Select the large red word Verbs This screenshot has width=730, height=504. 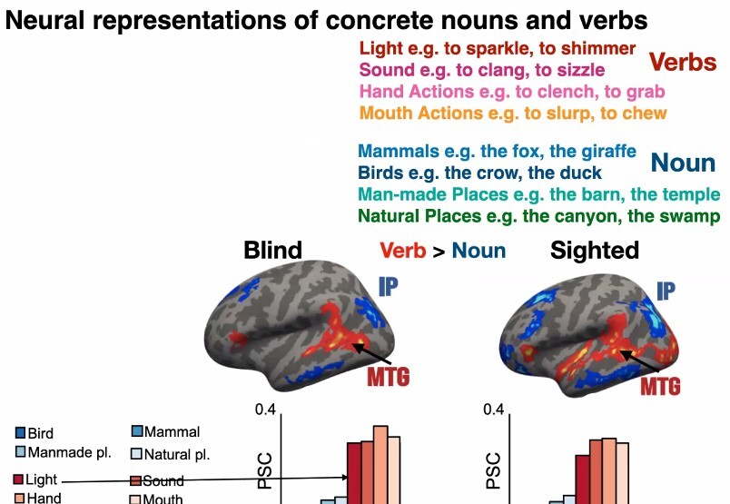(682, 63)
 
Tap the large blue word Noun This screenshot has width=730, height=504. (684, 163)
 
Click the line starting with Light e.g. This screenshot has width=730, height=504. (498, 48)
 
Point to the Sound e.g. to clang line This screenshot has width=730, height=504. (482, 69)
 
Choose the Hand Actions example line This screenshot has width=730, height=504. (512, 92)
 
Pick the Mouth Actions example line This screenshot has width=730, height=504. (513, 114)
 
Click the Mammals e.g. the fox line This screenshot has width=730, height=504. (497, 152)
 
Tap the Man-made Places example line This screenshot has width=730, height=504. (538, 194)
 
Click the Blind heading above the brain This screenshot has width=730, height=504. (272, 251)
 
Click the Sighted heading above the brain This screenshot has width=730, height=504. (595, 251)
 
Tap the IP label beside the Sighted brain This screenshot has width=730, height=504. (666, 291)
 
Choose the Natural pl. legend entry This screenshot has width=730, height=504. (176, 454)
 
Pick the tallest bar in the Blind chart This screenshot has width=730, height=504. (380, 463)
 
